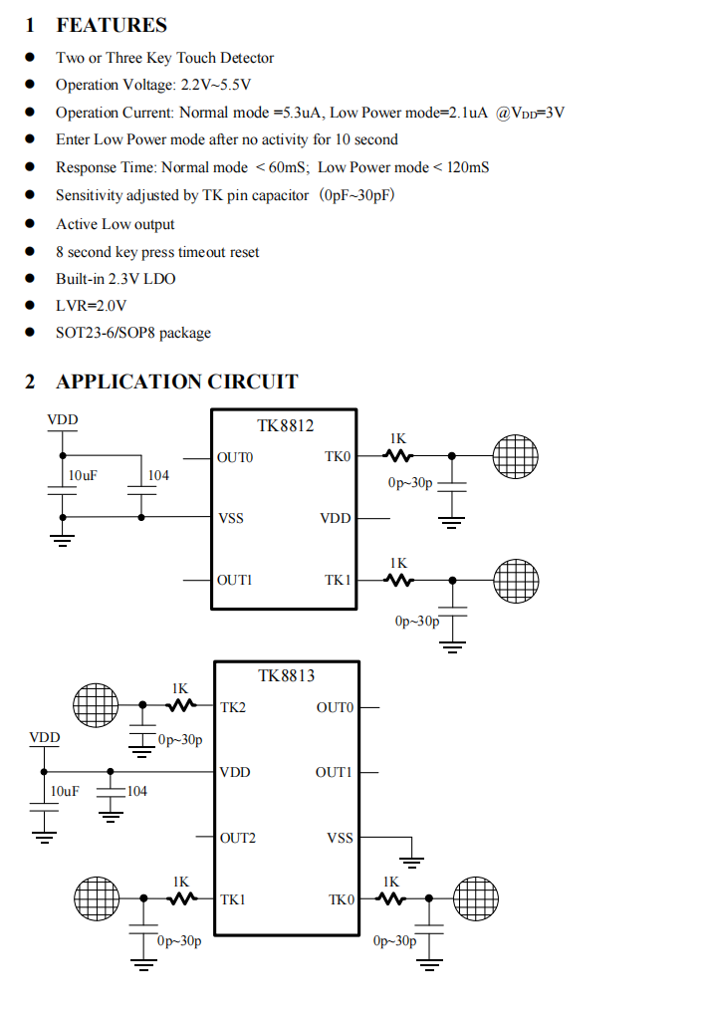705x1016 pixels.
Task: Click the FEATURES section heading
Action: pyautogui.click(x=112, y=25)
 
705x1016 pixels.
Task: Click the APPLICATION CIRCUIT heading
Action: pyautogui.click(x=177, y=381)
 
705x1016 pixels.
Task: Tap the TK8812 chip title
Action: pyautogui.click(x=285, y=425)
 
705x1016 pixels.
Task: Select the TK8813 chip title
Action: pyautogui.click(x=287, y=675)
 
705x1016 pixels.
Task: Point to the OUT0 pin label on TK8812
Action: pyautogui.click(x=235, y=457)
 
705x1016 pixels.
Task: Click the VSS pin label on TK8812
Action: pyautogui.click(x=231, y=518)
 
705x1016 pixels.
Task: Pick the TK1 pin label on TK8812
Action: pyautogui.click(x=338, y=580)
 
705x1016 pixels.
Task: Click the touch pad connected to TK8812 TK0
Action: pyautogui.click(x=515, y=457)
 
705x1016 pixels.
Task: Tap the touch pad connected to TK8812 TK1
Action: pyautogui.click(x=516, y=581)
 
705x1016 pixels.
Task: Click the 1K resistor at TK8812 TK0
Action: pyautogui.click(x=398, y=456)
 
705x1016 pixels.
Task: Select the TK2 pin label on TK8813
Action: pyautogui.click(x=233, y=707)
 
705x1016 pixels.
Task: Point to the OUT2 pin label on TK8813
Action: pyautogui.click(x=238, y=838)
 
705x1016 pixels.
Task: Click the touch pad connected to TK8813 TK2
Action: pyautogui.click(x=96, y=705)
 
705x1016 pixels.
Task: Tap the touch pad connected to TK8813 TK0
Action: pyautogui.click(x=476, y=898)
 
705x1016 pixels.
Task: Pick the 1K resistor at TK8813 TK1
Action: pyautogui.click(x=181, y=898)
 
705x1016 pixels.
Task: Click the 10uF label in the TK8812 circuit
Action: pyautogui.click(x=83, y=475)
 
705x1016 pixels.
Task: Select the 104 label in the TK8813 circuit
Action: pyautogui.click(x=136, y=791)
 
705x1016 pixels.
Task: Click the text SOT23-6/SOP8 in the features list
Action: pyautogui.click(x=106, y=333)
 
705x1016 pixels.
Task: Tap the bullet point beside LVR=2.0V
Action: pyautogui.click(x=30, y=305)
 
